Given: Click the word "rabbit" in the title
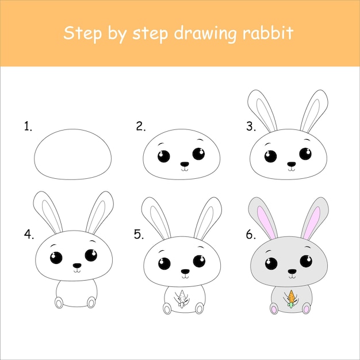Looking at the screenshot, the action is (x=268, y=33).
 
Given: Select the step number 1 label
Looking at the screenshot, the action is (x=28, y=127).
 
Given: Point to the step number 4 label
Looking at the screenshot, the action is (x=29, y=235).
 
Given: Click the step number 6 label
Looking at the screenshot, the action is (x=251, y=235).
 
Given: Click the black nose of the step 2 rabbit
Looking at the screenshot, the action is (x=185, y=164).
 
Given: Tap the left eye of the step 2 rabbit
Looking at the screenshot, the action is (x=164, y=156).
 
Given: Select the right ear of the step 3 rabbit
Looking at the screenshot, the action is (x=314, y=111).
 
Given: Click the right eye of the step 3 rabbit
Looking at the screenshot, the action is (x=305, y=154).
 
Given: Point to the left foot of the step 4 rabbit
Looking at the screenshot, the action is (x=59, y=302).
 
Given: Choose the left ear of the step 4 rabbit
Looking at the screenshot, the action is (x=48, y=212).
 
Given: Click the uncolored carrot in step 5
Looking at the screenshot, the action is (x=182, y=298).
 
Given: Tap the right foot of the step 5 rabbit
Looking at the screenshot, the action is (x=200, y=308).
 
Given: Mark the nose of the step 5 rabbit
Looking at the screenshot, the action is (x=185, y=271).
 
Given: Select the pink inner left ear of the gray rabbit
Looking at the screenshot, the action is (x=266, y=222).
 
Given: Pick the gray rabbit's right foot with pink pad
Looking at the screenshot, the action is (x=307, y=308).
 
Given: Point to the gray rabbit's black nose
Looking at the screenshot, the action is (x=292, y=271).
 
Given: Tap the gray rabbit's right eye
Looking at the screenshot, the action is (x=306, y=261).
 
